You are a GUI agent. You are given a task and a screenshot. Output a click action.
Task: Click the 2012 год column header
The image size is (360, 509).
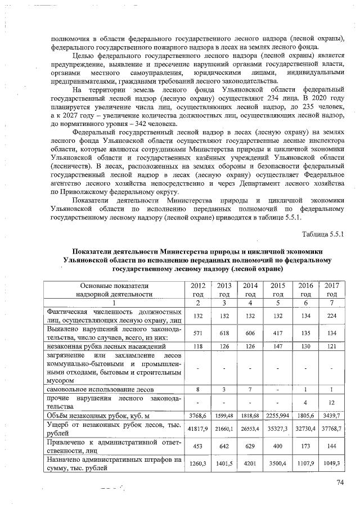[x=196, y=290]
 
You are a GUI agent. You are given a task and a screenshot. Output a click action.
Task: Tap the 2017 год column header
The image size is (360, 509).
[x=332, y=290]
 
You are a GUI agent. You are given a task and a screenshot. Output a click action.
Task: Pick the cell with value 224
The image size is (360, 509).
[x=332, y=316]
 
